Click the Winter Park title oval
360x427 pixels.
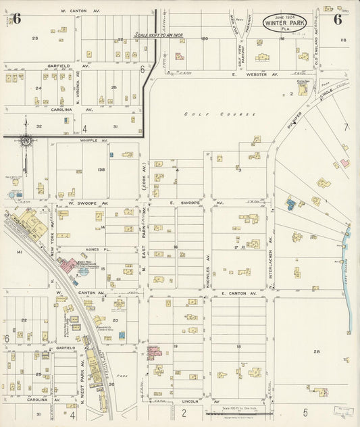point(283,22)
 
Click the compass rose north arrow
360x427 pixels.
point(26,140)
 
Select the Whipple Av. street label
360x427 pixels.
point(79,141)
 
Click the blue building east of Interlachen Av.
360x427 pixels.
point(290,203)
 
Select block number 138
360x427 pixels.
point(101,170)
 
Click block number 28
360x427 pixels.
point(316,351)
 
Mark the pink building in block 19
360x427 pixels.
point(153,352)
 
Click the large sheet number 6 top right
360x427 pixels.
point(336,19)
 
